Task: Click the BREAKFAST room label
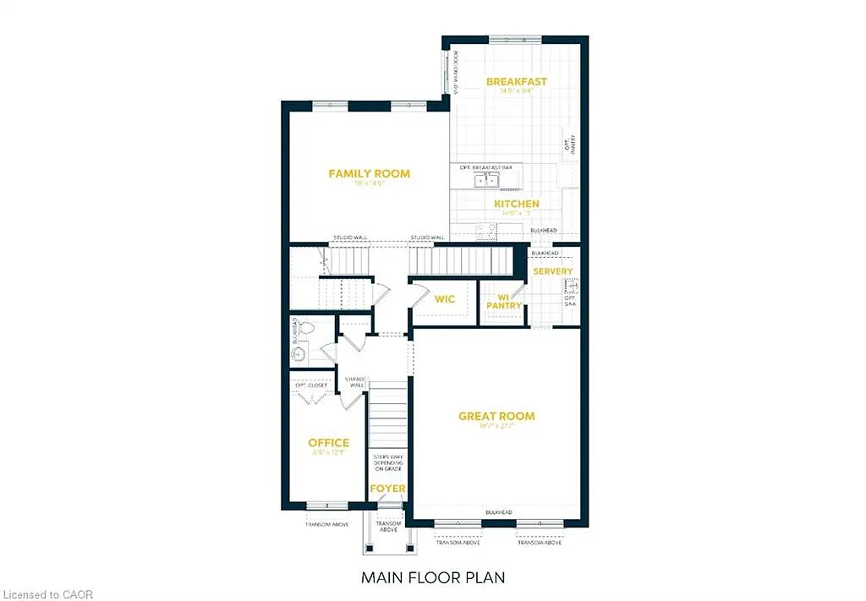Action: click(x=516, y=82)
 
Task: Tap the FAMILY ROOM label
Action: click(x=369, y=174)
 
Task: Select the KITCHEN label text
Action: click(x=516, y=204)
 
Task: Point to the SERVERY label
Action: click(x=552, y=271)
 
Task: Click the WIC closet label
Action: click(x=445, y=299)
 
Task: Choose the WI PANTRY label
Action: click(x=502, y=301)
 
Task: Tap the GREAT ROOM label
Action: click(x=496, y=416)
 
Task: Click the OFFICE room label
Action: click(x=328, y=443)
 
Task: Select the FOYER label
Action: click(x=387, y=489)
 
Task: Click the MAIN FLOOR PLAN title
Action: click(x=433, y=578)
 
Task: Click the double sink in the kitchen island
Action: click(x=486, y=179)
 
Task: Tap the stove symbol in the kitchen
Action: click(x=487, y=228)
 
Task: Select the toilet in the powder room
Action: click(x=306, y=328)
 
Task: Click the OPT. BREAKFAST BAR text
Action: click(x=486, y=167)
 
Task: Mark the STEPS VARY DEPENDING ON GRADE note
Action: click(x=388, y=466)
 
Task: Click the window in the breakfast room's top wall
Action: click(x=516, y=39)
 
